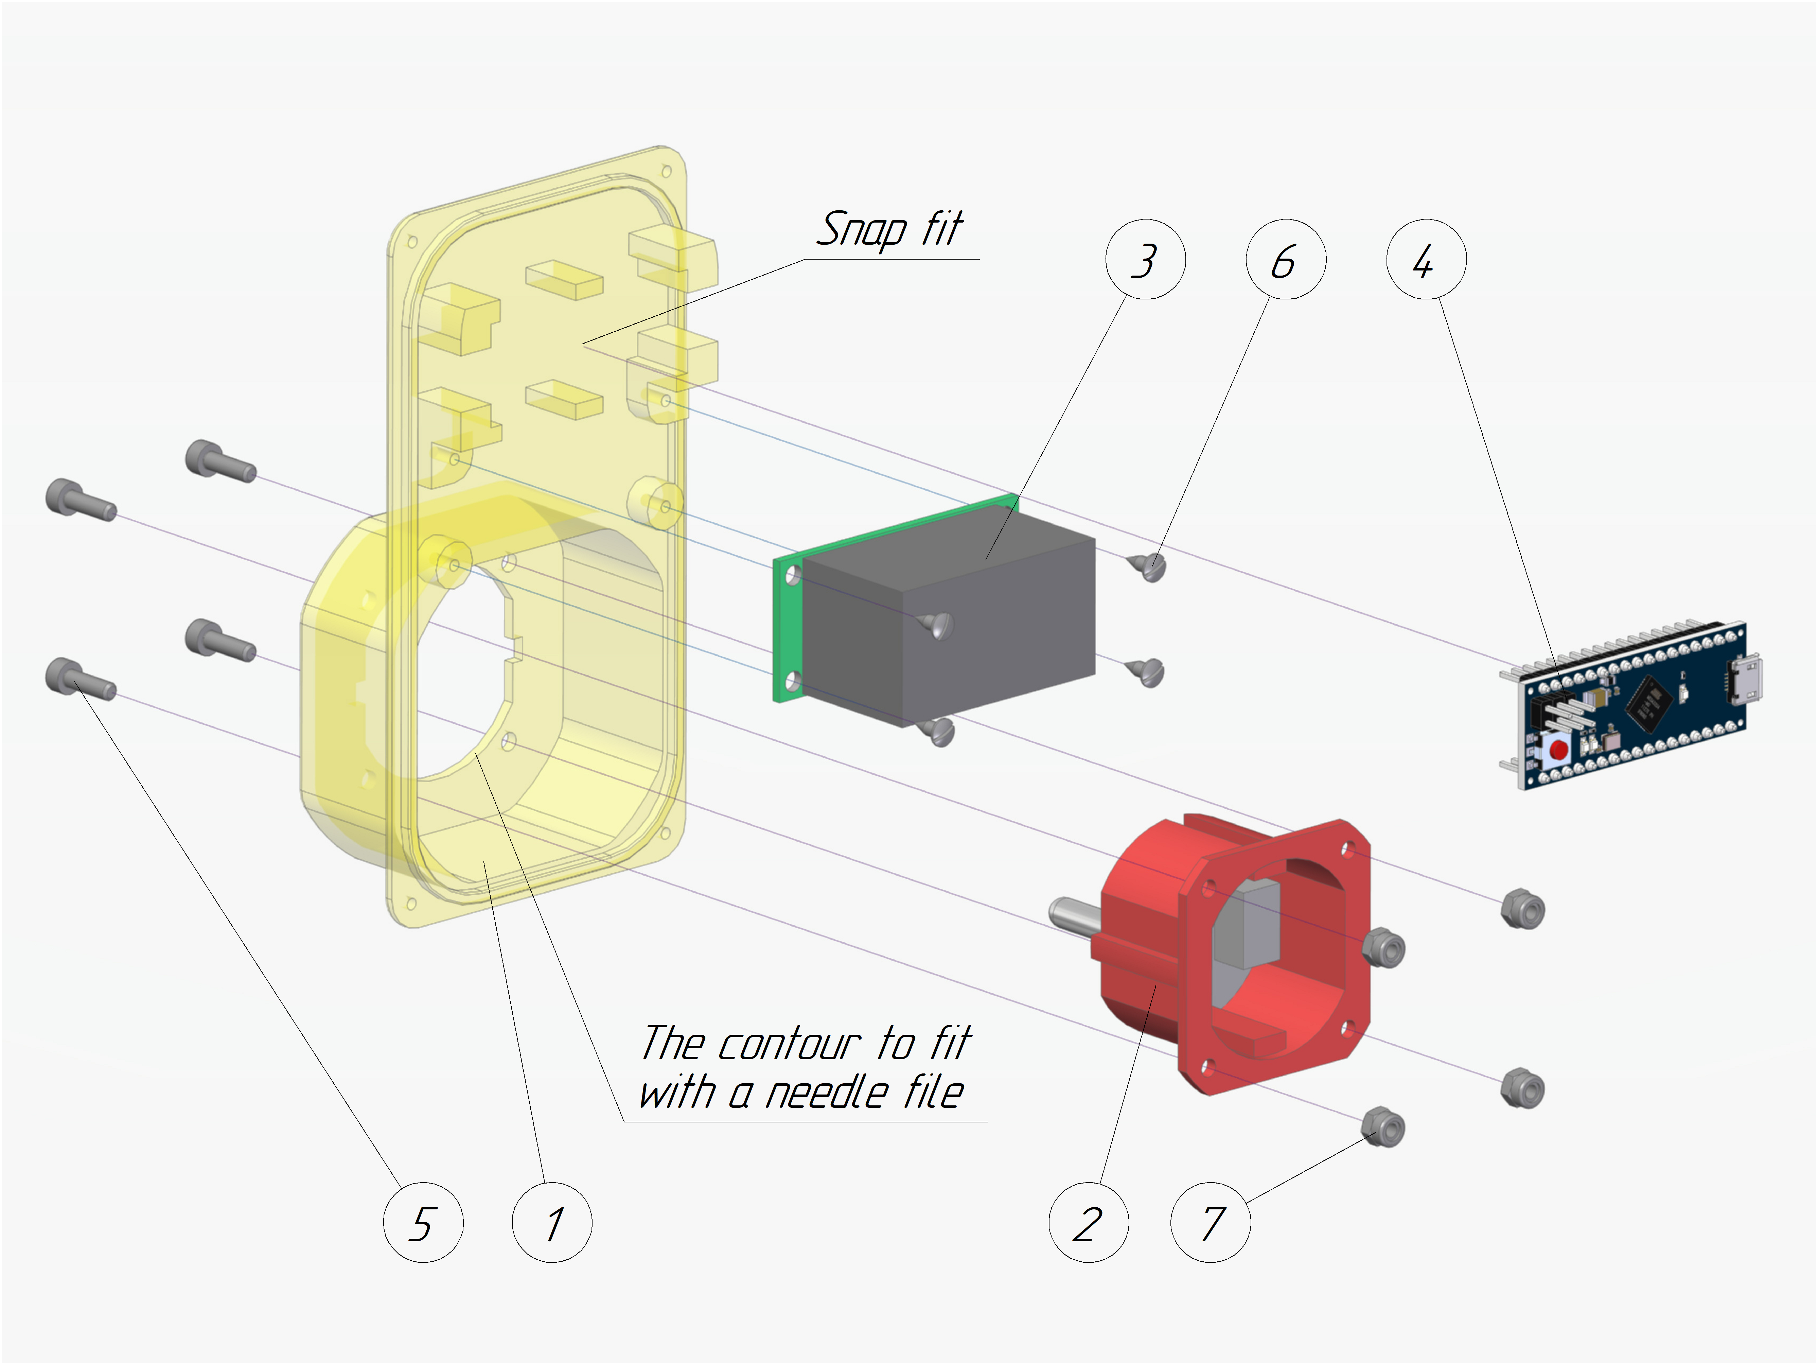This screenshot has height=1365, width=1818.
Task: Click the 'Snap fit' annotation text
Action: click(x=889, y=229)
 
